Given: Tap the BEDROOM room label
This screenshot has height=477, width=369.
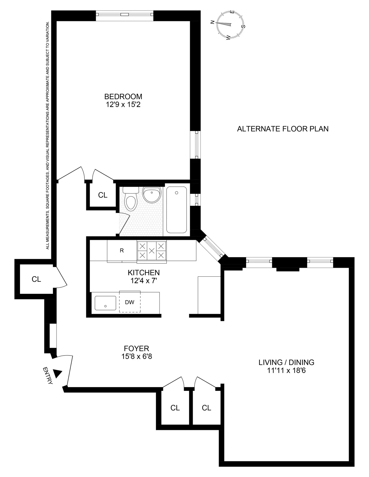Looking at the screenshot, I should [x=123, y=96].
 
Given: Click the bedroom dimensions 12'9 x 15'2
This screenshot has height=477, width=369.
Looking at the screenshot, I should [x=123, y=104].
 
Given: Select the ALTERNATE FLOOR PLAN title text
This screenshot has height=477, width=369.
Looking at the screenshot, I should [x=283, y=129].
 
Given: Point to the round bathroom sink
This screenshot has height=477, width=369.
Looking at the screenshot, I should [x=152, y=194].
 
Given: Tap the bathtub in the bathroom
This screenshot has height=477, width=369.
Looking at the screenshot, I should [x=176, y=210].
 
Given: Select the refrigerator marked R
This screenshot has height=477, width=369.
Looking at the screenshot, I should [x=122, y=251].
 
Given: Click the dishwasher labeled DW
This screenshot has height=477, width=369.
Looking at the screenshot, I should [x=130, y=302].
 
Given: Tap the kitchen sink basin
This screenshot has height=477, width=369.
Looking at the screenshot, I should [x=105, y=303].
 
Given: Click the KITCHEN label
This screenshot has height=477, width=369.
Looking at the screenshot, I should [x=144, y=273].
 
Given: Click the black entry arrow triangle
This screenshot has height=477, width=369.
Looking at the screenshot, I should [x=57, y=373].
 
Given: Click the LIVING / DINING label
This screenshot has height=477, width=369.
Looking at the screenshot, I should [x=286, y=362].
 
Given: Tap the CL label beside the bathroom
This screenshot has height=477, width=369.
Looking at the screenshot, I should [x=103, y=195].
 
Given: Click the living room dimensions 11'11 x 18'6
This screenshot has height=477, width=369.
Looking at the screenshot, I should [x=286, y=370].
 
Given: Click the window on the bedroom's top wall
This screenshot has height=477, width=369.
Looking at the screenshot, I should [x=124, y=14].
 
